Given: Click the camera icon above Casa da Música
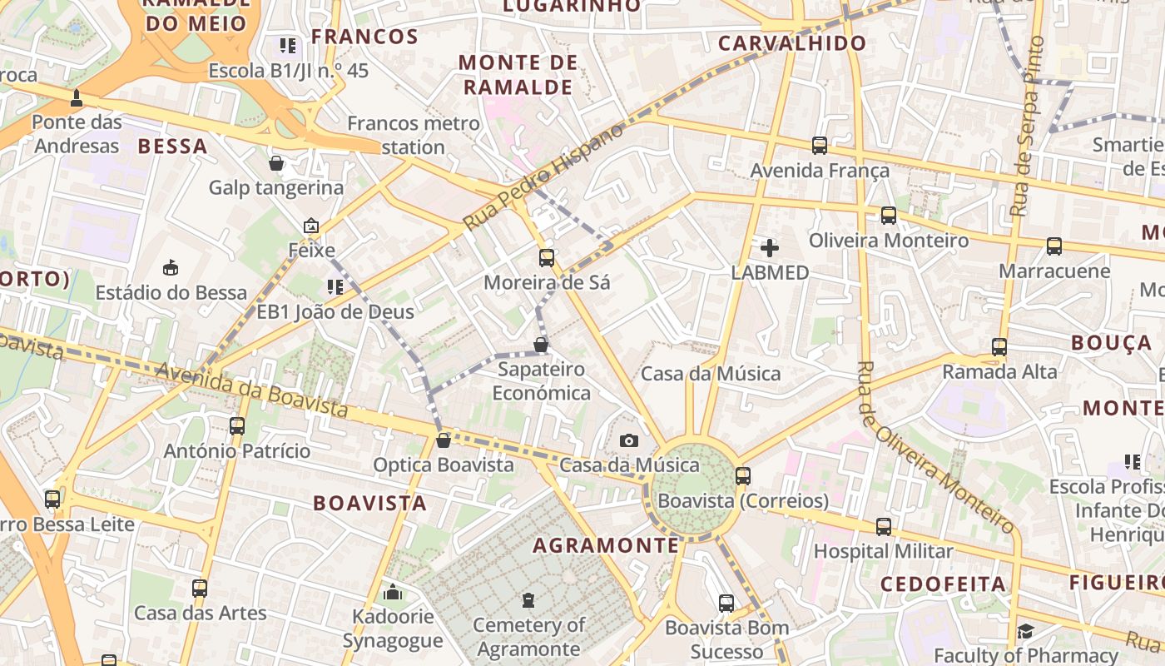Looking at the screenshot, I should (629, 440).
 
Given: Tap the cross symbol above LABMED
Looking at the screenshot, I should (770, 247).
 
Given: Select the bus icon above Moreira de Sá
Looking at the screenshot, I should (547, 258).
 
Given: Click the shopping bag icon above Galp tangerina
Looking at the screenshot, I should (276, 163).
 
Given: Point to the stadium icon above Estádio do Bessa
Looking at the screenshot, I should (171, 267).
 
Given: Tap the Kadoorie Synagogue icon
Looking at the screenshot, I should (393, 592).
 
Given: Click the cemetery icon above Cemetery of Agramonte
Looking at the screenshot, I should (528, 599).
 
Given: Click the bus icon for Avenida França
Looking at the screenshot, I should (820, 146).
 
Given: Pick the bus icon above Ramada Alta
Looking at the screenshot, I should (999, 347).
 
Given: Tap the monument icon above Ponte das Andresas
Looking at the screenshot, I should (77, 97).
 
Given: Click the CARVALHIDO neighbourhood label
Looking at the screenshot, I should (791, 43).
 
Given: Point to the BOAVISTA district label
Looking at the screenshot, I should (369, 503).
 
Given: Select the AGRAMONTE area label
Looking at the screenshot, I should (605, 545).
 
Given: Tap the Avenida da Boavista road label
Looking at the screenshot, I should (251, 390).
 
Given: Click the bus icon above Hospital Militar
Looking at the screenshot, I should (884, 527).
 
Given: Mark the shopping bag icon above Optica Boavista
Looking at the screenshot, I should (444, 440).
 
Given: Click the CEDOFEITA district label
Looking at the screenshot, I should (942, 584).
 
